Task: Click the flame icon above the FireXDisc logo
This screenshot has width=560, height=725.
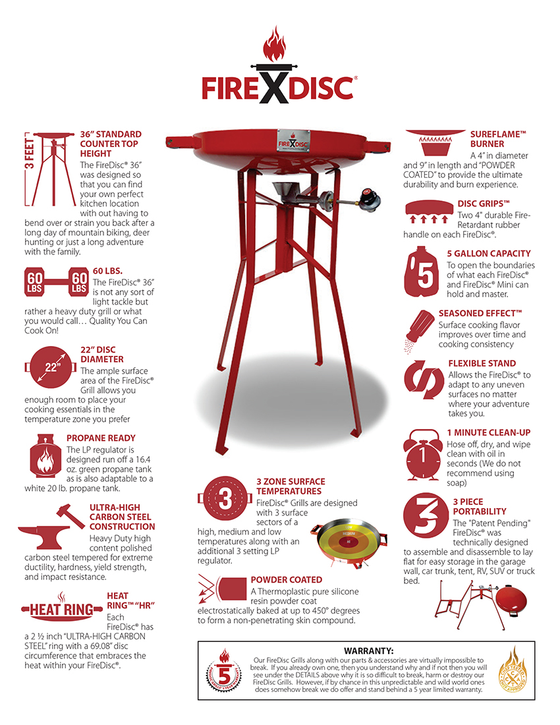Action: click(x=275, y=44)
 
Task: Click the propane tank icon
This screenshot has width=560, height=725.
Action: click(x=45, y=456)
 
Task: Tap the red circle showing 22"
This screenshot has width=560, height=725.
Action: click(x=51, y=367)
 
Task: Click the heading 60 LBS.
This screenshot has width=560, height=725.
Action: click(x=107, y=271)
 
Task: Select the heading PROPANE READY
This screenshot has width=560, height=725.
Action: click(x=101, y=438)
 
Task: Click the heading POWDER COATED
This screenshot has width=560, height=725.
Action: click(x=287, y=580)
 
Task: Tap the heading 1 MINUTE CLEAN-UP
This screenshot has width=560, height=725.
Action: click(x=488, y=433)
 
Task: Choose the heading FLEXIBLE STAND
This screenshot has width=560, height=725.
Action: click(x=482, y=363)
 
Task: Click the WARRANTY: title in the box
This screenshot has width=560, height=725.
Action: click(x=369, y=651)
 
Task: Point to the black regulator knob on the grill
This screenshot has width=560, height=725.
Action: click(x=371, y=198)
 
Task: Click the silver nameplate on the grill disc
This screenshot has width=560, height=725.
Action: click(x=294, y=140)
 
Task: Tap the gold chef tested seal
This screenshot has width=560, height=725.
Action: click(x=513, y=670)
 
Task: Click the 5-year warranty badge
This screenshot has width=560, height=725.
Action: click(x=224, y=672)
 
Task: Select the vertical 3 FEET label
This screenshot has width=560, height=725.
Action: click(x=29, y=154)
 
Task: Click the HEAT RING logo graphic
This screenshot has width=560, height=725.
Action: click(x=61, y=606)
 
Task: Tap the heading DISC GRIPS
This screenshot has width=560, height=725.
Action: click(x=484, y=204)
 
